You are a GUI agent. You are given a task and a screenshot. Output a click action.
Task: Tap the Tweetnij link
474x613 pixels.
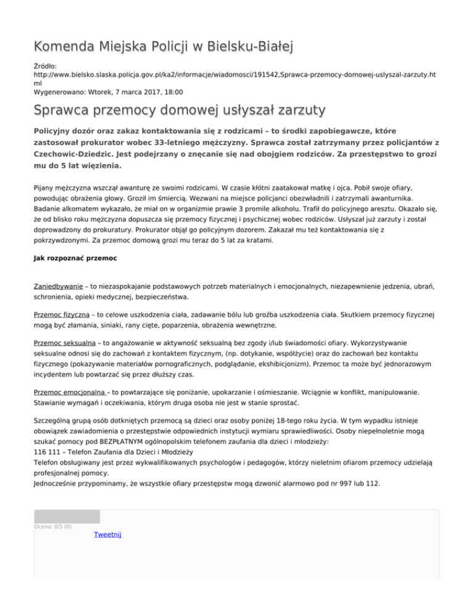point(107,535)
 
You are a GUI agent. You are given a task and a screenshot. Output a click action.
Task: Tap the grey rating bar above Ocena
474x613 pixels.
point(67,516)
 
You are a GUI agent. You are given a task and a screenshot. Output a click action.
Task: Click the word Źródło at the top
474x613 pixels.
point(46,64)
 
